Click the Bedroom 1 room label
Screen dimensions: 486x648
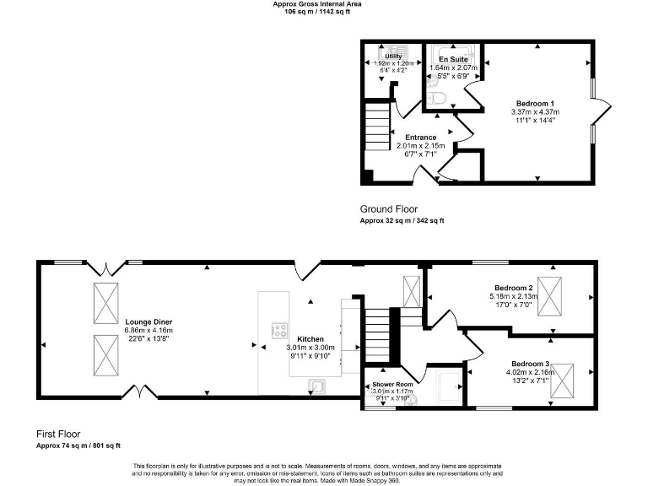click(x=535, y=102)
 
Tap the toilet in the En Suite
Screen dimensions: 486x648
click(x=436, y=99)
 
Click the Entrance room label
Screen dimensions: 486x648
click(x=420, y=138)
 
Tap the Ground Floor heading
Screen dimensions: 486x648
click(x=388, y=208)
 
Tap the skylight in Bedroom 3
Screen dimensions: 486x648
click(x=561, y=376)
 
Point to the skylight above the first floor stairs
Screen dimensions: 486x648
click(x=412, y=291)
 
